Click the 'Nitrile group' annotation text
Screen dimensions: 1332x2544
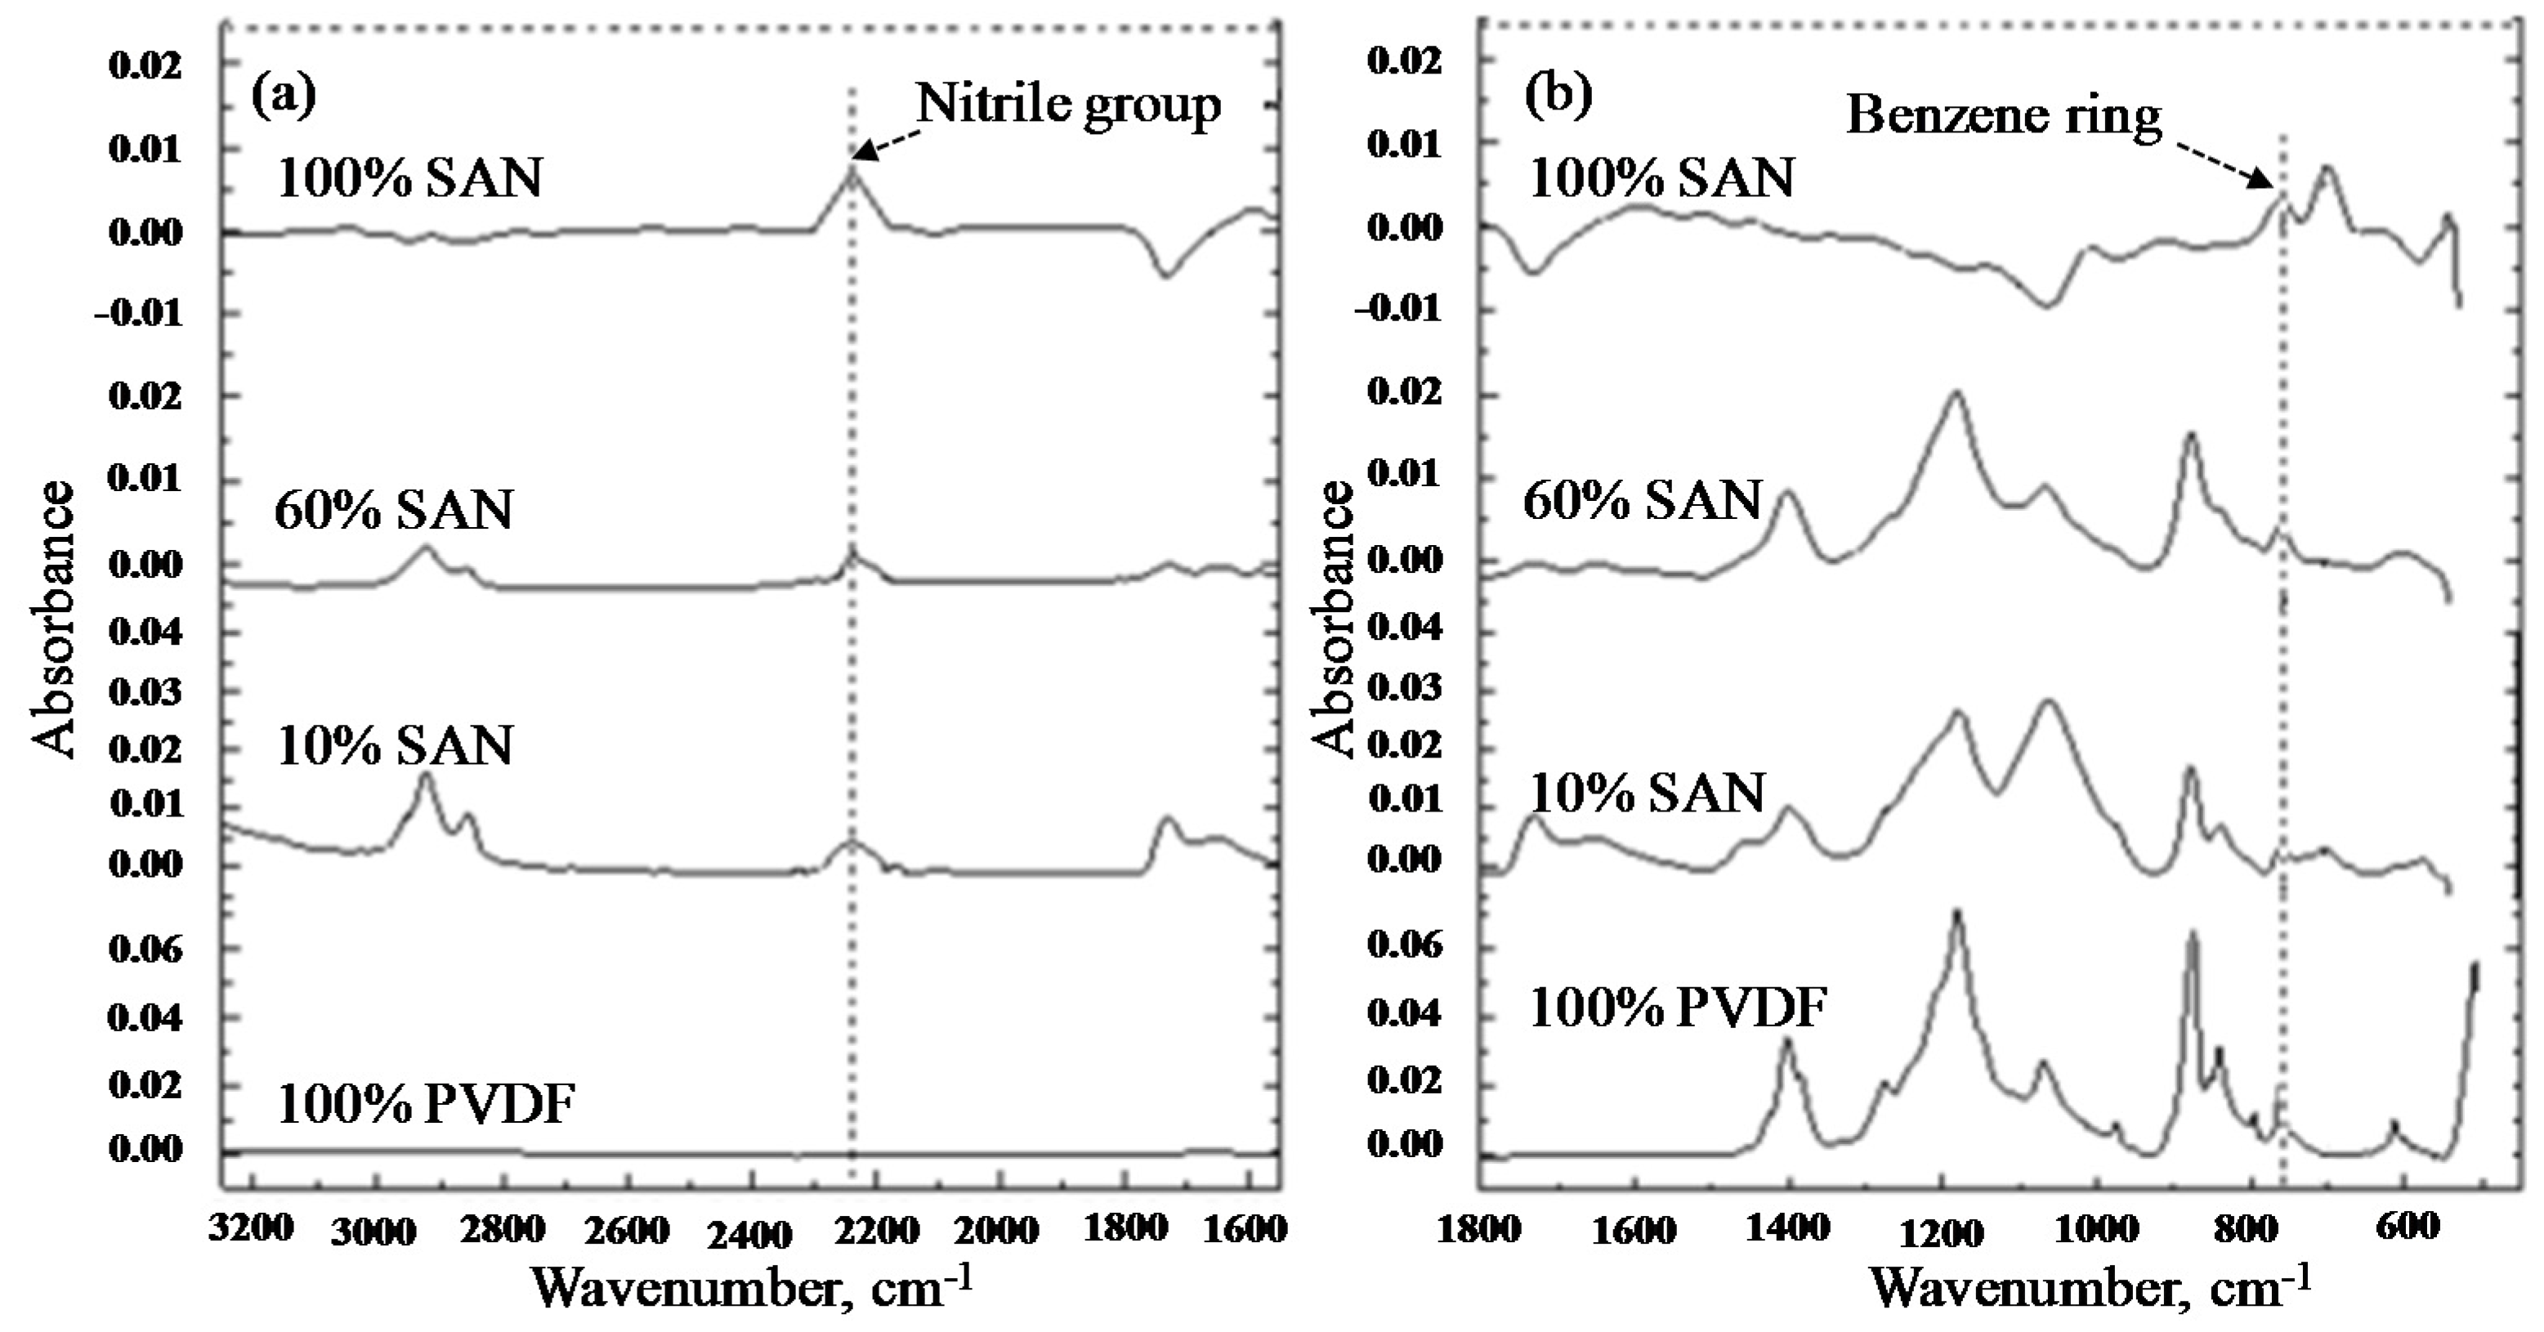pos(1069,104)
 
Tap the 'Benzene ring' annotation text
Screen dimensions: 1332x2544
pos(2003,118)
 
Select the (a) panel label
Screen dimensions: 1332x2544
pos(284,95)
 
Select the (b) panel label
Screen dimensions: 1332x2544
pos(1558,95)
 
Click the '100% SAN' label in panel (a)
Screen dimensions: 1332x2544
pos(409,180)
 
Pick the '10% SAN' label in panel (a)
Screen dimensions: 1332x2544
pos(394,746)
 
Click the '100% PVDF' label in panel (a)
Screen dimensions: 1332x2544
pos(425,1104)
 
